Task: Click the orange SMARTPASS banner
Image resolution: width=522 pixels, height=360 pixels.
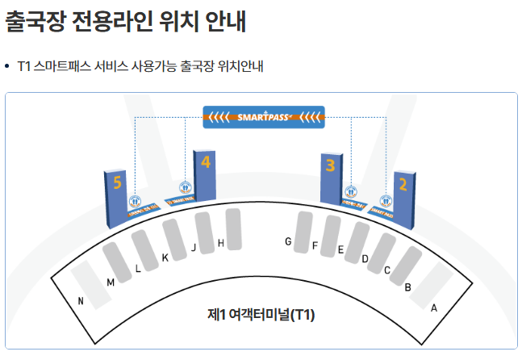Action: click(265, 118)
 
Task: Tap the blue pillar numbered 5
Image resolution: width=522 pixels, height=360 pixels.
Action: click(118, 197)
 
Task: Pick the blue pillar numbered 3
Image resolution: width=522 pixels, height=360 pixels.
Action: click(330, 178)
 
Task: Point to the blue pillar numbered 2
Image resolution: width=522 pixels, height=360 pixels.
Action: click(403, 197)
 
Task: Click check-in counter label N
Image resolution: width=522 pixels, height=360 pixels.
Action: click(81, 301)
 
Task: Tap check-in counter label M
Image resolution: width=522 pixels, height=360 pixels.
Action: click(111, 282)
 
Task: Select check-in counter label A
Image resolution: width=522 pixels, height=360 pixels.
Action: click(434, 308)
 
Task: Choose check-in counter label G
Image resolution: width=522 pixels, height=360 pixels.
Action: click(288, 241)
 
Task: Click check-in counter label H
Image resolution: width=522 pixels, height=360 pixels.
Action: click(221, 243)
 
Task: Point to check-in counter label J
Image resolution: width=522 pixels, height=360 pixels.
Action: click(194, 248)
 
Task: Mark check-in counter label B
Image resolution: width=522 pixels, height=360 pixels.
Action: click(408, 287)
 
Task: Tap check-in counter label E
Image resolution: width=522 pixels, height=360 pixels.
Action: click(340, 250)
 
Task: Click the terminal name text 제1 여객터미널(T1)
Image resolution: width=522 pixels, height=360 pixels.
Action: click(261, 314)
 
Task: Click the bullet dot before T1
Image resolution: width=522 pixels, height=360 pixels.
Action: click(7, 65)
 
